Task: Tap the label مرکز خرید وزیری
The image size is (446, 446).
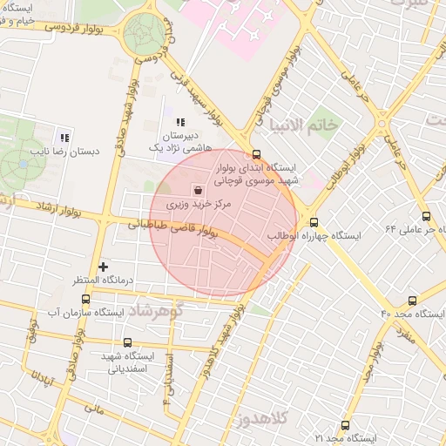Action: point(198,206)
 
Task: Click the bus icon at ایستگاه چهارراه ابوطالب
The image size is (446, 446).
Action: point(314,222)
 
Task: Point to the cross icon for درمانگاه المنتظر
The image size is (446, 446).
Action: point(103,266)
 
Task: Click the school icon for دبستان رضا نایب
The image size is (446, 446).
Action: point(64,137)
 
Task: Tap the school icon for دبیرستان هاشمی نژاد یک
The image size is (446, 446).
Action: point(181,123)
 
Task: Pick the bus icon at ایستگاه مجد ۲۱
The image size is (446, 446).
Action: point(346,425)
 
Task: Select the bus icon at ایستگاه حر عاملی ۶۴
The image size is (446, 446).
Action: point(425,217)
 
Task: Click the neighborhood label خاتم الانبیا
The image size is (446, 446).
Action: point(304,125)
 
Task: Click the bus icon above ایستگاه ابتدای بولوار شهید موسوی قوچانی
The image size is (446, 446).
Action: point(253,153)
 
